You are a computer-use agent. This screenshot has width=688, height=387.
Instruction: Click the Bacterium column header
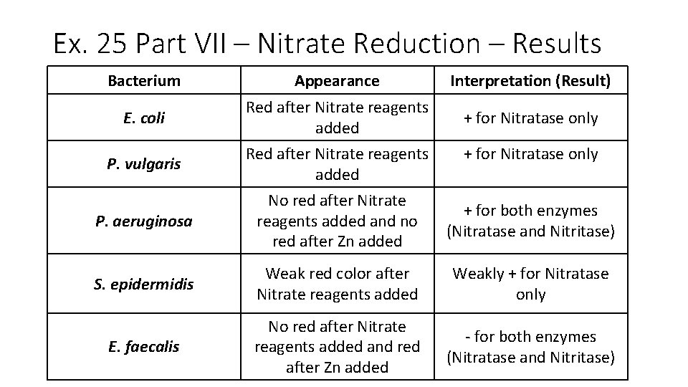click(x=144, y=81)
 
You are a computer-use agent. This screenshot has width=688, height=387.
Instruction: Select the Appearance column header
click(x=337, y=81)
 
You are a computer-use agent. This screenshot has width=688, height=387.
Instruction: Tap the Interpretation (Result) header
click(x=530, y=81)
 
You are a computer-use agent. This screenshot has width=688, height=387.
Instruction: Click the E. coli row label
click(x=144, y=118)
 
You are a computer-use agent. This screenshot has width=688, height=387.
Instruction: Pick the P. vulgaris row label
click(x=144, y=164)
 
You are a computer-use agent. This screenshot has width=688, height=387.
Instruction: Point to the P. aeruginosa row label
click(x=144, y=221)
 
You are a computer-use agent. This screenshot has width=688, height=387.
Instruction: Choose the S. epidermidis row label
click(x=144, y=284)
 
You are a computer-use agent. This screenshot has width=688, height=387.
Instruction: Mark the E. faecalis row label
click(x=144, y=347)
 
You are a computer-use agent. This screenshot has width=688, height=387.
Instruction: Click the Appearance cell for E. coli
click(x=337, y=118)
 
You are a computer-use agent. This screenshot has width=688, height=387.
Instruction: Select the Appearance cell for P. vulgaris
click(x=337, y=164)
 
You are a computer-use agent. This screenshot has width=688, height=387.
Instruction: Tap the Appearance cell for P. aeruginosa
click(x=337, y=221)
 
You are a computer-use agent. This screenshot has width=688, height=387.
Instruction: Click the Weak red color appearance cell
click(x=337, y=284)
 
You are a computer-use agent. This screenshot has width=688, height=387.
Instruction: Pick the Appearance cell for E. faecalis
click(x=337, y=347)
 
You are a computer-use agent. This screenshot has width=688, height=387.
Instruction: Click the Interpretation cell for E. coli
click(x=530, y=118)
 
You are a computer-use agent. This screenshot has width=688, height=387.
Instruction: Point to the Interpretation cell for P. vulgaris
click(x=530, y=154)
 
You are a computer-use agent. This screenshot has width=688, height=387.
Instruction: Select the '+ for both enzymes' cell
click(x=530, y=221)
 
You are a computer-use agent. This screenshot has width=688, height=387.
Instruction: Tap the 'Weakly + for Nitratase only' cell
click(x=530, y=284)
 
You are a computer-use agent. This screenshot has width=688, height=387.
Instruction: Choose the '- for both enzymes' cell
click(x=530, y=347)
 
